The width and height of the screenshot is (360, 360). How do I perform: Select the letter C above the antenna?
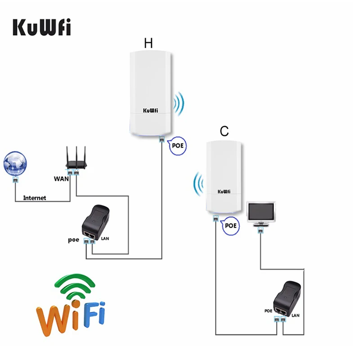click(x=224, y=131)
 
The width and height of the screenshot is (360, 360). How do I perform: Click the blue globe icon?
click(x=15, y=163)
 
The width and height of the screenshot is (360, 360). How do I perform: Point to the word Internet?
click(x=34, y=198)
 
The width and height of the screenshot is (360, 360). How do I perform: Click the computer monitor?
click(x=261, y=213)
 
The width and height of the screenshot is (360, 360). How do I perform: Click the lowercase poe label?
click(x=74, y=240)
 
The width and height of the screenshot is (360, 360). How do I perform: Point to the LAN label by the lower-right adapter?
click(x=295, y=316)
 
